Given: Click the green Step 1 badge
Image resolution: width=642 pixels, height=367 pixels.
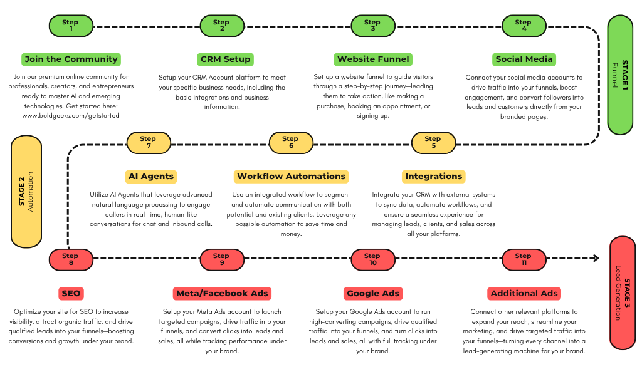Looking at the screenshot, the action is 71,26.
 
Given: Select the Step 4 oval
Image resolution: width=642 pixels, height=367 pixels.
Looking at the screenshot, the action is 524,26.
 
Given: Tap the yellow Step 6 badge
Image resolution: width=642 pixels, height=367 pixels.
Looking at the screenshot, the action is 291,142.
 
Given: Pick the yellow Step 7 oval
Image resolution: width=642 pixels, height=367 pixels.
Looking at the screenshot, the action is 149,142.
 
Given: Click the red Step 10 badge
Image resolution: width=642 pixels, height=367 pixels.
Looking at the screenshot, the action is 373,259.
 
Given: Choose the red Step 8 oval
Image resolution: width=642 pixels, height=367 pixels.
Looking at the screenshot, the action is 71,259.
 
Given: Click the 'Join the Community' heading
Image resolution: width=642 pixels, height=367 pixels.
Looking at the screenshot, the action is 71,59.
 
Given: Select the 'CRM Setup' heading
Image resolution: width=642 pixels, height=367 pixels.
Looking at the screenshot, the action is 225,59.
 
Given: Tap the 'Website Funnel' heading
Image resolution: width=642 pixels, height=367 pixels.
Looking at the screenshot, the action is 373,59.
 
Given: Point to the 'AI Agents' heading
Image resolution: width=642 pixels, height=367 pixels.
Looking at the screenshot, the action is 151,177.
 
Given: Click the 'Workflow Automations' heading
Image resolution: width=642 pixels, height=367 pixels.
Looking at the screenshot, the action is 291,177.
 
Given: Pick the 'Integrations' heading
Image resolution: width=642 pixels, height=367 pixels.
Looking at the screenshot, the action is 434,177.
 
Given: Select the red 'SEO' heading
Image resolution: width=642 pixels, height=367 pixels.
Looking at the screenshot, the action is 71,293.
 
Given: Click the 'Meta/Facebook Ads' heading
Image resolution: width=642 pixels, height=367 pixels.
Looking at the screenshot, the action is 222,293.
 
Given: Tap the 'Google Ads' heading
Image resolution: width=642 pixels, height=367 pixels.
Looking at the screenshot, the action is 373,293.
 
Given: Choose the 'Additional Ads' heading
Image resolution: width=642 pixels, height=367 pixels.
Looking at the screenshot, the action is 524,293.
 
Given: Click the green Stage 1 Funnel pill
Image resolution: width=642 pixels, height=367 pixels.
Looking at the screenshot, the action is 620,75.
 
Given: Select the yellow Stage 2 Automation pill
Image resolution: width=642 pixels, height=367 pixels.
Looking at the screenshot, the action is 26,192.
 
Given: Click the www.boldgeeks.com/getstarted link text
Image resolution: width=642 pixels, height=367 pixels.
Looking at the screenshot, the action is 71,116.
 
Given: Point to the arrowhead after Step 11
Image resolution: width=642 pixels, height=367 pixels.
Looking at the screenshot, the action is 596,258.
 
